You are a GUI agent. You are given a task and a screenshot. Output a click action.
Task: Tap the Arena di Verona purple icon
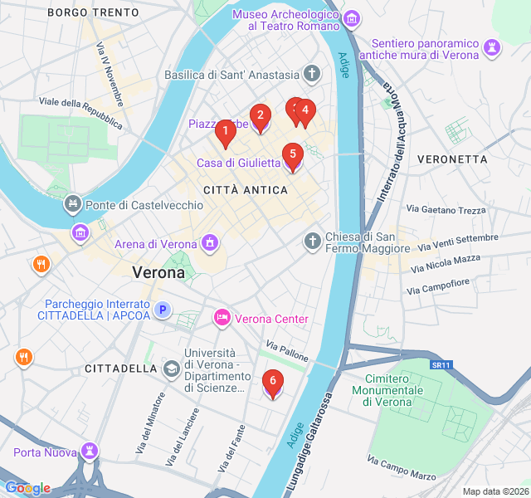tap(210, 243)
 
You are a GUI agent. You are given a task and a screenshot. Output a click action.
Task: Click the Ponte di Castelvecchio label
tap(144, 204)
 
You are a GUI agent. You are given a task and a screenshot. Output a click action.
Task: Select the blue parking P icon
tap(163, 310)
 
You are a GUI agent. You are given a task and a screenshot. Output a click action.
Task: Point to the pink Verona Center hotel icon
tap(222, 318)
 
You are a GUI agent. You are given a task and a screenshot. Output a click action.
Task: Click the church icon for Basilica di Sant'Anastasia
tap(312, 75)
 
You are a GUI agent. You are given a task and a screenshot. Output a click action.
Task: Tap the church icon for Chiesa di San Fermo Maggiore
tap(312, 242)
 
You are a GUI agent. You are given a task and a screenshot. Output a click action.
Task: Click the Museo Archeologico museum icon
tap(352, 18)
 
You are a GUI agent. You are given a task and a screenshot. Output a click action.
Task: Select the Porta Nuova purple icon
tap(89, 452)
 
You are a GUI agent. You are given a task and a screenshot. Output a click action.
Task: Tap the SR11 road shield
tap(441, 364)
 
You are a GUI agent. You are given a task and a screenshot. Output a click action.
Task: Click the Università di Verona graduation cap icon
tap(171, 368)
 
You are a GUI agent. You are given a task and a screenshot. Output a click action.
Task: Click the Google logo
tap(27, 488)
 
